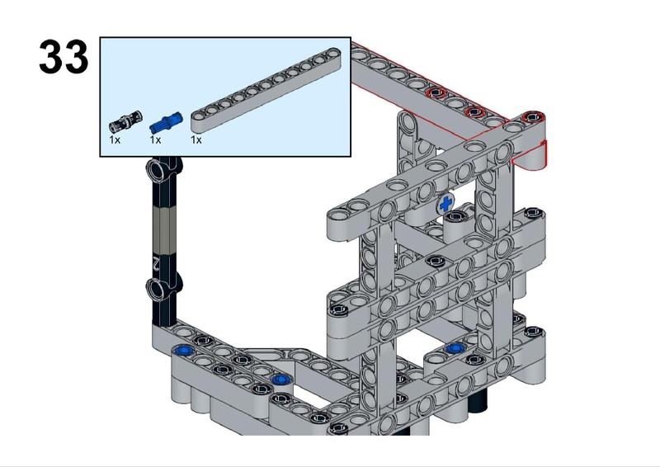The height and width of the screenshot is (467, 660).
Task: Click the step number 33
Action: [x=64, y=57]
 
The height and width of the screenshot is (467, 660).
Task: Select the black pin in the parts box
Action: [x=125, y=121]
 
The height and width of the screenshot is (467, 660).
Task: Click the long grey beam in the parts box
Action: [x=266, y=91]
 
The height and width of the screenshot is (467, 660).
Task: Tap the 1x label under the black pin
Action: [x=115, y=139]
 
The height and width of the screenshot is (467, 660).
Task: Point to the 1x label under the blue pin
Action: [x=155, y=139]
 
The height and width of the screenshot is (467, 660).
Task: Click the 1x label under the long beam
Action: [x=196, y=139]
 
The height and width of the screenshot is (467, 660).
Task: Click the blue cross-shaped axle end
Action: [x=445, y=205]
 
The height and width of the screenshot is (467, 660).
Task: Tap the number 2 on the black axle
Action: [x=156, y=264]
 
